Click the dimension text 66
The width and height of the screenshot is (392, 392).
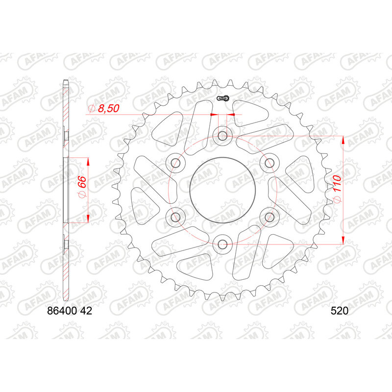pyautogui.click(x=82, y=187)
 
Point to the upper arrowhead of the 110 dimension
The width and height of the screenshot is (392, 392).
pyautogui.click(x=343, y=141)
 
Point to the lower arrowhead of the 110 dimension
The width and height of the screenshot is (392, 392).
pyautogui.click(x=343, y=239)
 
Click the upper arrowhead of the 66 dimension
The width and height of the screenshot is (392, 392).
pyautogui.click(x=88, y=162)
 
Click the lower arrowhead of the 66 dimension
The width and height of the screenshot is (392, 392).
pyautogui.click(x=88, y=217)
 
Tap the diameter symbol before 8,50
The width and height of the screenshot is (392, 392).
pyautogui.click(x=91, y=109)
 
